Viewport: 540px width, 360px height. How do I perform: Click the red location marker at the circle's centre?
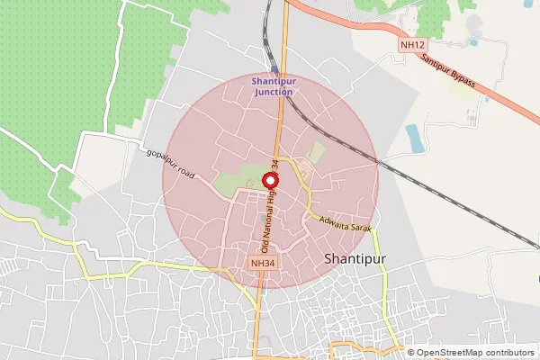pyautogui.click(x=270, y=180)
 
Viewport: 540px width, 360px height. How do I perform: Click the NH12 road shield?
pyautogui.click(x=412, y=42)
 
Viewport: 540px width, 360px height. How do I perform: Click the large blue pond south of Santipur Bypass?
pyautogui.click(x=414, y=138)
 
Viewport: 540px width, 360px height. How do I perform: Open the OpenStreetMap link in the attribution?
pyautogui.click(x=450, y=352)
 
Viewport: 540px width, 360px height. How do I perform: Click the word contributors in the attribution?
pyautogui.click(x=509, y=352)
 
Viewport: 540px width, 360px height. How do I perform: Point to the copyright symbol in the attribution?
pyautogui.click(x=411, y=352)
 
